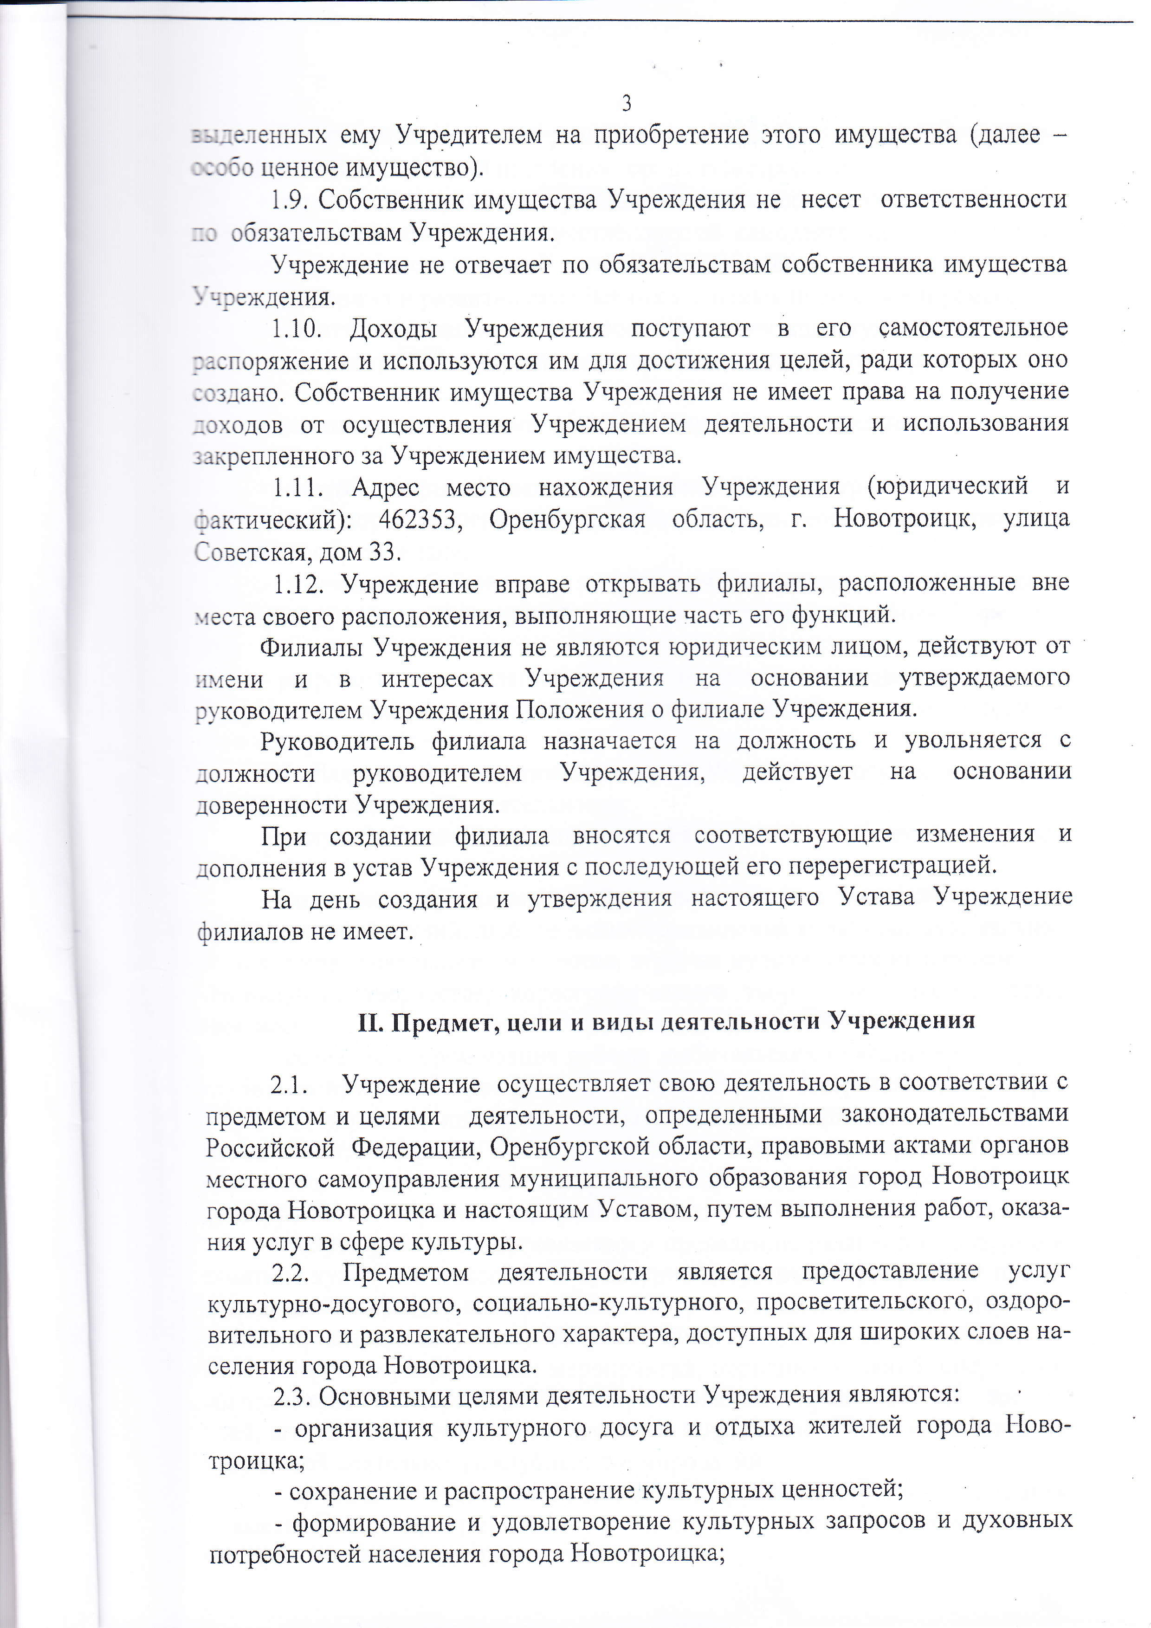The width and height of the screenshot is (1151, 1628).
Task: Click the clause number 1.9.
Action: [x=289, y=201]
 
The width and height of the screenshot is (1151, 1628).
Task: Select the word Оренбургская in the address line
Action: [x=567, y=520]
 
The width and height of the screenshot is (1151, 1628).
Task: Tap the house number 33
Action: [x=384, y=551]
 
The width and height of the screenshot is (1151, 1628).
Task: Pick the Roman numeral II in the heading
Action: [x=370, y=1021]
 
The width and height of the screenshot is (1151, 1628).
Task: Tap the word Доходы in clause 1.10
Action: [x=393, y=329]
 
